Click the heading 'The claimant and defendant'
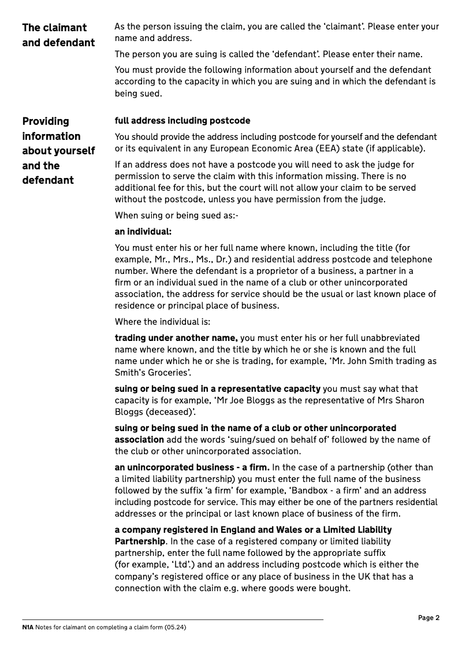coord(58,35)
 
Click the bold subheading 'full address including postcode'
coord(182,121)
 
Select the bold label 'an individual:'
coord(143,232)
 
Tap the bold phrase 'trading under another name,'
coord(176,338)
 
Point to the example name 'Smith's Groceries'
coord(152,373)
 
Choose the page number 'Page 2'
coord(429,618)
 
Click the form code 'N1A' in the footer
coord(28,627)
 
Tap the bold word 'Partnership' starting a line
coord(140,541)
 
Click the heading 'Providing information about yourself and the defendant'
coord(58,151)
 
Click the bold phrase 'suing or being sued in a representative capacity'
coord(217,389)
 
